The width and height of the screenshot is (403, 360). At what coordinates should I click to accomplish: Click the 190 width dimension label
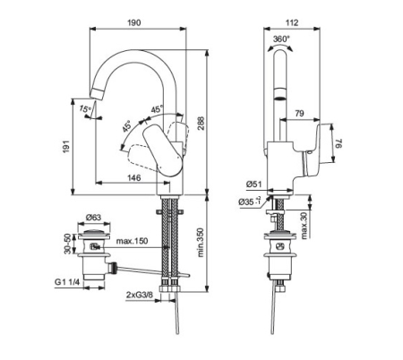(x=134, y=22)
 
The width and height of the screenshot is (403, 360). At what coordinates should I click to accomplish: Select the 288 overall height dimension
(x=201, y=123)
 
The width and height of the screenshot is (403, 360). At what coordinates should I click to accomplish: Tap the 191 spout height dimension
(x=66, y=146)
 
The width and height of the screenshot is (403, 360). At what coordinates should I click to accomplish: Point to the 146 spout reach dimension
(x=134, y=178)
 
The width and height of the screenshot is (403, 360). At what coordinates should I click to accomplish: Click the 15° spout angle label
(x=85, y=109)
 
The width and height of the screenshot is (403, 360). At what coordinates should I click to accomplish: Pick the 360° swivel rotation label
(x=282, y=39)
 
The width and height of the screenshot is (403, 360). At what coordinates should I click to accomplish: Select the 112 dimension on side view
(x=292, y=22)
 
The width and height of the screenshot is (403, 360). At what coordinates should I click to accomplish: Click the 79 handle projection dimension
(x=299, y=114)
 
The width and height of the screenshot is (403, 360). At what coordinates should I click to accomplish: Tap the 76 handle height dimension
(x=339, y=144)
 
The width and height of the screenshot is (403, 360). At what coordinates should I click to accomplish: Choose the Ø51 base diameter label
(x=253, y=184)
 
